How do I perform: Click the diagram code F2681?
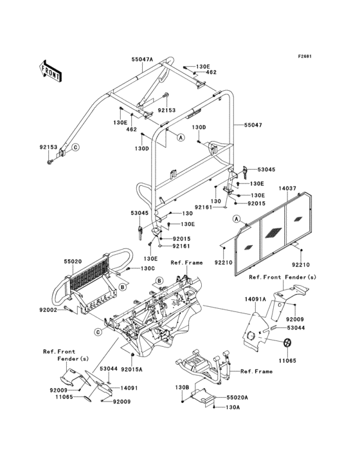tap(304, 56)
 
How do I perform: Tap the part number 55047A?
tap(143, 58)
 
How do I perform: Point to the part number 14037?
tap(287, 189)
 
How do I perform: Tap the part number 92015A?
tap(132, 369)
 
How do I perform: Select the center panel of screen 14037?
tap(272, 235)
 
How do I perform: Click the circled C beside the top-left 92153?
tap(75, 147)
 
